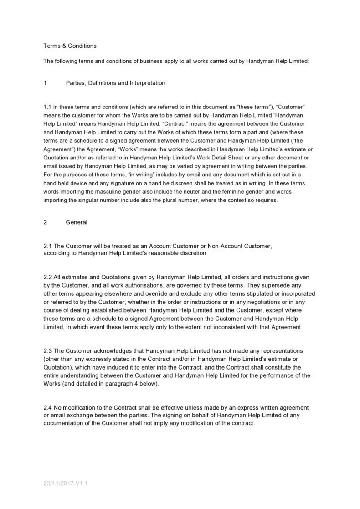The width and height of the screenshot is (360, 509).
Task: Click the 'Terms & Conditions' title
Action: click(70, 46)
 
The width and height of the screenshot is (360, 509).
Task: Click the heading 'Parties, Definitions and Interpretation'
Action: click(115, 83)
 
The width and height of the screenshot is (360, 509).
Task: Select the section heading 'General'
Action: click(77, 222)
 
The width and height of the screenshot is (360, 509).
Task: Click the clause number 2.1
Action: click(47, 246)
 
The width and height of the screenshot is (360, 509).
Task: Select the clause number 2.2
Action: click(47, 277)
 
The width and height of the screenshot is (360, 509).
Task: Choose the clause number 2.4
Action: click(47, 407)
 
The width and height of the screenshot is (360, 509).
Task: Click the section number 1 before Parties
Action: click(45, 83)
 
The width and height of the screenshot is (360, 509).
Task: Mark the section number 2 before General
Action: click(45, 222)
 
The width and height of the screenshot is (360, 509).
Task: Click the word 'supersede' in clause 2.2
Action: click(278, 285)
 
